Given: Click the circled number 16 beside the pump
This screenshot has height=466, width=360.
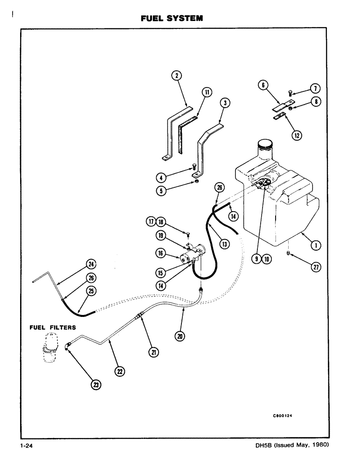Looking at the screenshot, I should tap(160, 253).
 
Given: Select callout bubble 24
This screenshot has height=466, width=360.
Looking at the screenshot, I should tap(90, 264).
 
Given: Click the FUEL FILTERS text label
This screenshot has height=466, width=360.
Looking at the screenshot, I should tap(49, 327).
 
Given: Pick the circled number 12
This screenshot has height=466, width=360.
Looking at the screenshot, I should tap(297, 136).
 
